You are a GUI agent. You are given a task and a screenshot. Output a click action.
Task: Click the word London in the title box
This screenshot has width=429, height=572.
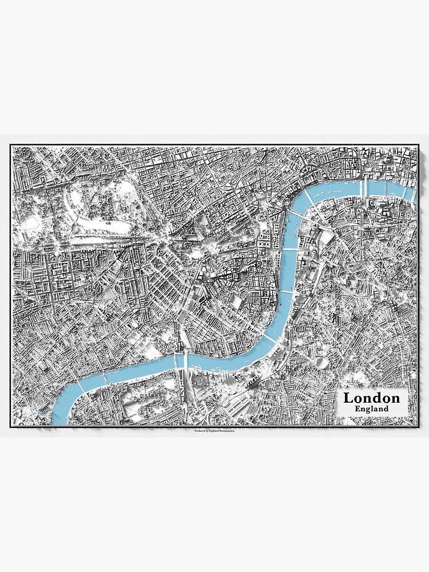371,398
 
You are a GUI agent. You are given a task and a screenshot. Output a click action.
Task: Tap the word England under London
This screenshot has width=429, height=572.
371,409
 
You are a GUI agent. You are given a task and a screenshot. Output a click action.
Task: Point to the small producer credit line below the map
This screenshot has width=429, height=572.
214,431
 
